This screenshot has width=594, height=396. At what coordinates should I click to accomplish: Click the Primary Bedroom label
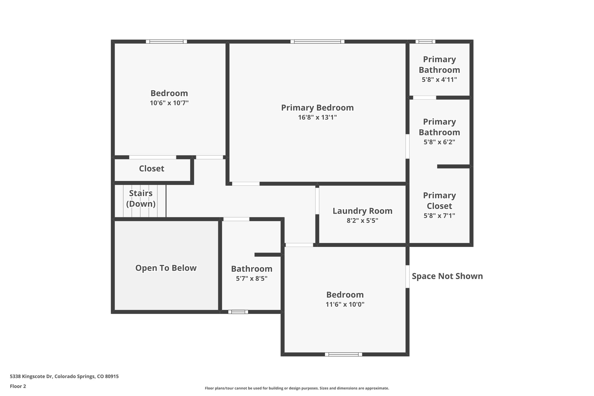pyautogui.click(x=317, y=108)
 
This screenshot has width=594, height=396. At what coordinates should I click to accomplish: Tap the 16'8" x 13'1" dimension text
pyautogui.click(x=317, y=117)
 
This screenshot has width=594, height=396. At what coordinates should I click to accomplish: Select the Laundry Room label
pyautogui.click(x=362, y=211)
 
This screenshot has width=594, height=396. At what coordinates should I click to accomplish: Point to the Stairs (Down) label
pyautogui.click(x=141, y=198)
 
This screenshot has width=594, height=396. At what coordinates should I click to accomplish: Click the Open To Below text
pyautogui.click(x=166, y=268)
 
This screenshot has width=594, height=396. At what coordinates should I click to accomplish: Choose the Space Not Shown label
pyautogui.click(x=447, y=276)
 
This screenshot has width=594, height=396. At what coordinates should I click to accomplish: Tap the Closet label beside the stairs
pyautogui.click(x=152, y=169)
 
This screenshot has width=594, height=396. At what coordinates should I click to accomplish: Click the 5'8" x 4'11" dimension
pyautogui.click(x=439, y=80)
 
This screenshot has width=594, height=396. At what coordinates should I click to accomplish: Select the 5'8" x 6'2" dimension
pyautogui.click(x=439, y=142)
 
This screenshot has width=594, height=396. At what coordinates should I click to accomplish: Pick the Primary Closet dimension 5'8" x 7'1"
pyautogui.click(x=439, y=216)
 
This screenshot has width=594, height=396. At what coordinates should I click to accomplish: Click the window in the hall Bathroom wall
pyautogui.click(x=238, y=312)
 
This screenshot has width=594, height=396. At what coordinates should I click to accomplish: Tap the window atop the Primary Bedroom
pyautogui.click(x=317, y=41)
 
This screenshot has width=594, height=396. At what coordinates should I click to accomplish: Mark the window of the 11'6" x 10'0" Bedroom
pyautogui.click(x=343, y=354)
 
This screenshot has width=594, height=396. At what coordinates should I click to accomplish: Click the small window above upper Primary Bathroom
pyautogui.click(x=425, y=41)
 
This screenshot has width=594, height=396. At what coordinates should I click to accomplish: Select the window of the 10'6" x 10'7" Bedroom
pyautogui.click(x=166, y=41)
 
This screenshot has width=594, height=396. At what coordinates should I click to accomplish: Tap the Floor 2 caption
pyautogui.click(x=18, y=386)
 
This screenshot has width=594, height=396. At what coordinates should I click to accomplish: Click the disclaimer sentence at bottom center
pyautogui.click(x=297, y=388)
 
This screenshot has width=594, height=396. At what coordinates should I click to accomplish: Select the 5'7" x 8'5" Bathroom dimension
pyautogui.click(x=252, y=278)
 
